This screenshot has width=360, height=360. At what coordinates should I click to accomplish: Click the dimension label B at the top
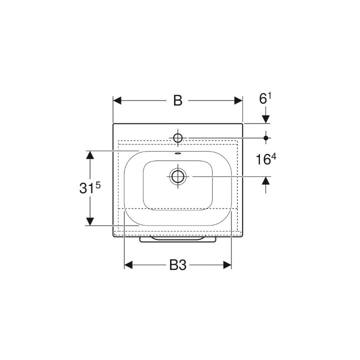click(x=177, y=100)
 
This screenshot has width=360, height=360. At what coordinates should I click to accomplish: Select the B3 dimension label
click(x=178, y=265)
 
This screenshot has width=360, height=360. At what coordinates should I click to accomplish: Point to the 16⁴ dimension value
click(x=266, y=159)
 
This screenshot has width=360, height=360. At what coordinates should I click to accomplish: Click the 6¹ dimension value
click(x=265, y=98)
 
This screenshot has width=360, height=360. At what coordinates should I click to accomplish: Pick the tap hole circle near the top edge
click(x=178, y=138)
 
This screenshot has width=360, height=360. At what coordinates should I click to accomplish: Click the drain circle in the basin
click(x=178, y=176)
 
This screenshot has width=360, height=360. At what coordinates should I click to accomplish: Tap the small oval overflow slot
click(x=178, y=153)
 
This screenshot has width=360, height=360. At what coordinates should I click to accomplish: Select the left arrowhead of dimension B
click(x=117, y=100)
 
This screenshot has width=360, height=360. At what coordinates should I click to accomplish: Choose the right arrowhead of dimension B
click(x=238, y=100)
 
